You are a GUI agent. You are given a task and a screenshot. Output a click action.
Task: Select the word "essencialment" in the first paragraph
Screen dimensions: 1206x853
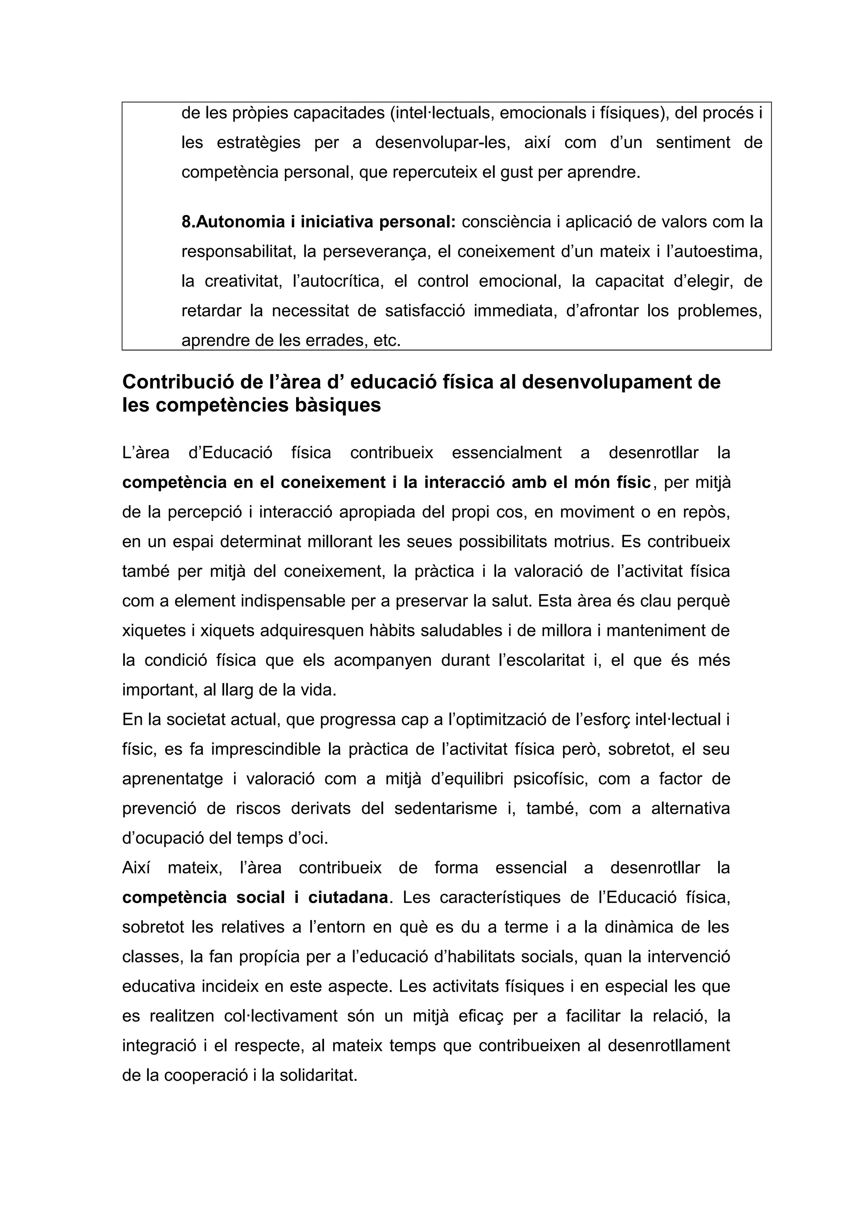point(506,453)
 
